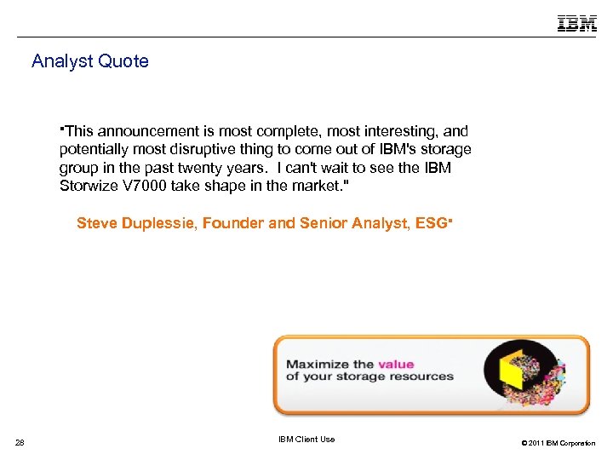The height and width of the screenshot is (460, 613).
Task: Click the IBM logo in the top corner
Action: coord(577,23)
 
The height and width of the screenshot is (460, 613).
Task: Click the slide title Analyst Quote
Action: coord(90,61)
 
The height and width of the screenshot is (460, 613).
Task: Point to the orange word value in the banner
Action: coord(396,363)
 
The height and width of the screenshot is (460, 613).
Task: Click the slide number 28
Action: coord(20,441)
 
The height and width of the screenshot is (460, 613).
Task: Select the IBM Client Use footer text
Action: coord(306,440)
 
